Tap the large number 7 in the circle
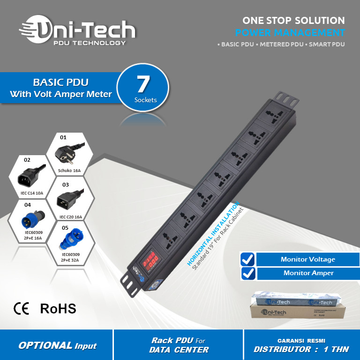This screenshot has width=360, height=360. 142,84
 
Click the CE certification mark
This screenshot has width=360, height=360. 22,308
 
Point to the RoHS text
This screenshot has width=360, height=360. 58,308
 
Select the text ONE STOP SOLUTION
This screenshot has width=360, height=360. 293,21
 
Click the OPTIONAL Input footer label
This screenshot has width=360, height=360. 57,345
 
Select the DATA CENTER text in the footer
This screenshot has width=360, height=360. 179,350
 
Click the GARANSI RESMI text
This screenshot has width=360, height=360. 301,341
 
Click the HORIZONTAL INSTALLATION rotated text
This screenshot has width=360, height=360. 213,234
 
